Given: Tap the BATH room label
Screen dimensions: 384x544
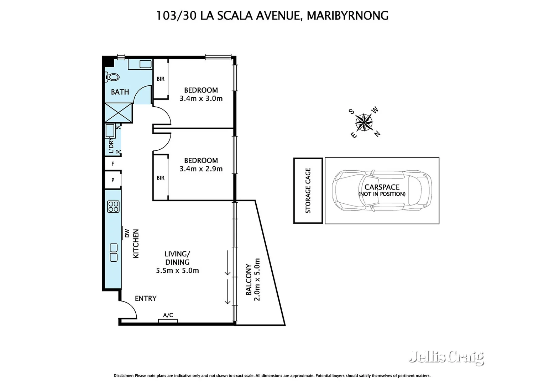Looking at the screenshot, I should click(x=120, y=92).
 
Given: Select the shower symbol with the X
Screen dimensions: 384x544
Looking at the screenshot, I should click(x=118, y=113).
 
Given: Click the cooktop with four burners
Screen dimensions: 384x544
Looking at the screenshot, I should click(x=113, y=207).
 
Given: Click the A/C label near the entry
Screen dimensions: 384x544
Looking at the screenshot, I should click(x=168, y=315).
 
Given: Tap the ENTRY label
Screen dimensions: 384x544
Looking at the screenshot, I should click(x=146, y=299).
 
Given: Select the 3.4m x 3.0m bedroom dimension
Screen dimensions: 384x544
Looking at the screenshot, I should click(x=201, y=99).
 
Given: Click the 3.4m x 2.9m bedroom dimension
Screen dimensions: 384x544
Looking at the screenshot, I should click(x=201, y=169).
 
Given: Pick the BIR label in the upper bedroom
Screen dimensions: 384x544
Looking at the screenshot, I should click(x=161, y=79).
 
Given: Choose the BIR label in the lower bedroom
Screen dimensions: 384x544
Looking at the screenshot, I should click(x=161, y=178).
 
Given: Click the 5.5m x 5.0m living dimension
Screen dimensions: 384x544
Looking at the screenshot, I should click(x=177, y=271).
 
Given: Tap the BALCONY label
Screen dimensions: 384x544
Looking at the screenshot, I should click(x=249, y=279).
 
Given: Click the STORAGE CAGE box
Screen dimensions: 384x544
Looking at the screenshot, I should click(x=308, y=191).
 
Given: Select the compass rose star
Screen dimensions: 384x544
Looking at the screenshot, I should click(x=364, y=123).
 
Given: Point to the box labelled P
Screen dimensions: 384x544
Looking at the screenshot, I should click(x=113, y=180).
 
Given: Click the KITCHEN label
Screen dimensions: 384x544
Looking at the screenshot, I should click(x=136, y=244).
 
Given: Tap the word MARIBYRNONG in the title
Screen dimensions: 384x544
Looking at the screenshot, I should click(x=347, y=16).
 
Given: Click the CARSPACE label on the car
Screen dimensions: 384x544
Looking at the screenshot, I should click(x=382, y=187).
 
